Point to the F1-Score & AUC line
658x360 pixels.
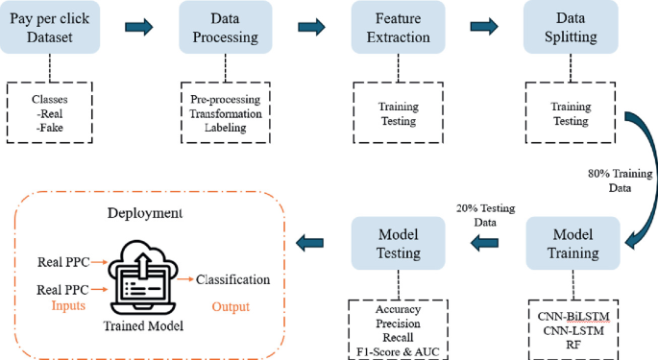point(399,349)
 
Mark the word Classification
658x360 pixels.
point(232,279)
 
